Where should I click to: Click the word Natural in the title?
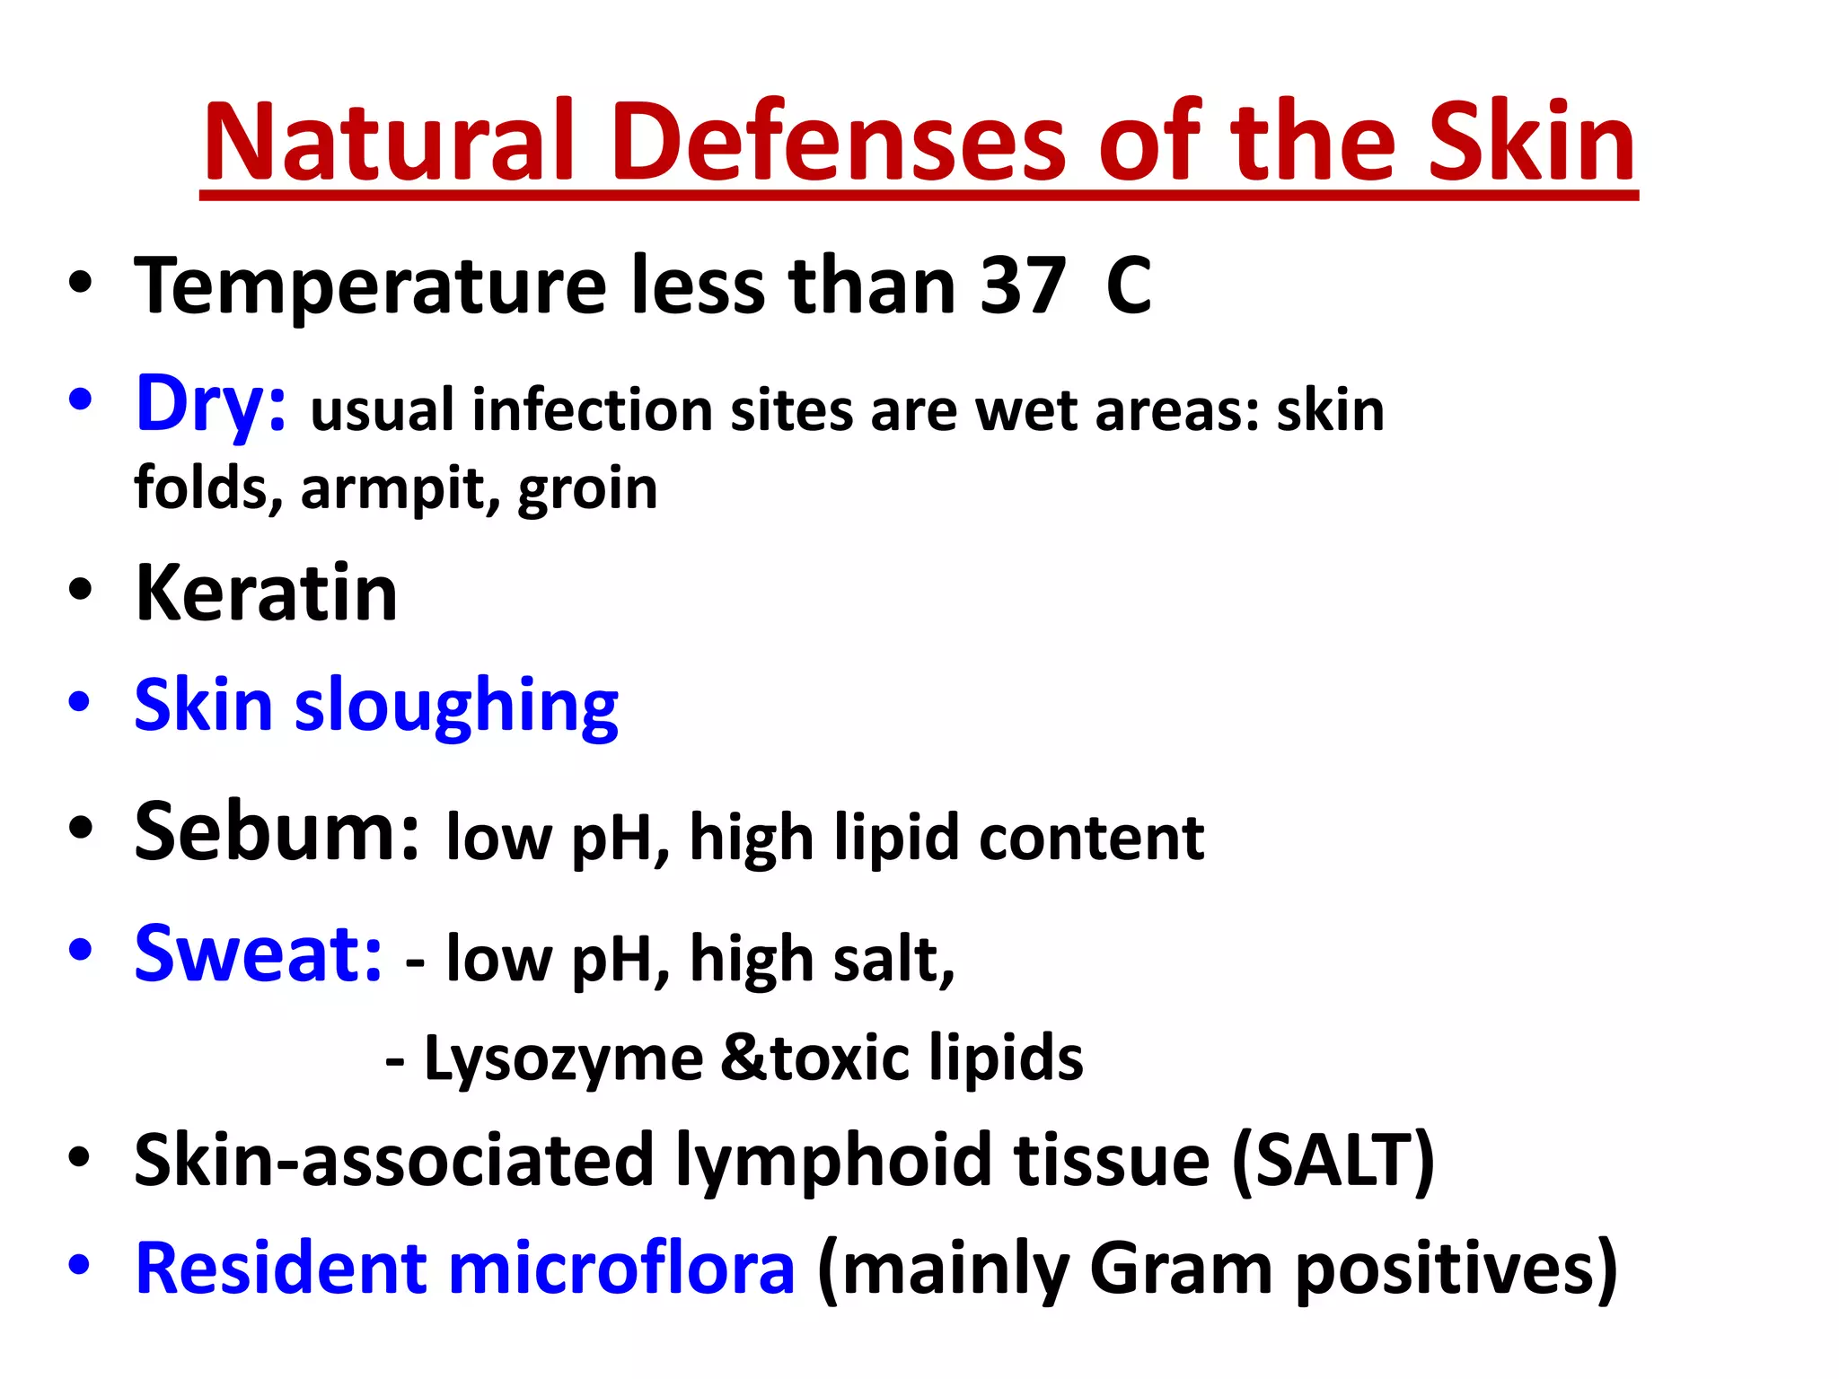[388, 142]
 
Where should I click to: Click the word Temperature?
[370, 287]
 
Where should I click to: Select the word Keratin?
[266, 593]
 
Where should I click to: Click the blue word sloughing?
[456, 707]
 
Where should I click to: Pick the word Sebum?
[277, 832]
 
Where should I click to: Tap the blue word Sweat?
[258, 954]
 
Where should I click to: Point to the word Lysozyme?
[563, 1060]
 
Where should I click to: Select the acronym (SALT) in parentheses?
[1333, 1162]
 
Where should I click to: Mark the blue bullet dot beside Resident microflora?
[80, 1265]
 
